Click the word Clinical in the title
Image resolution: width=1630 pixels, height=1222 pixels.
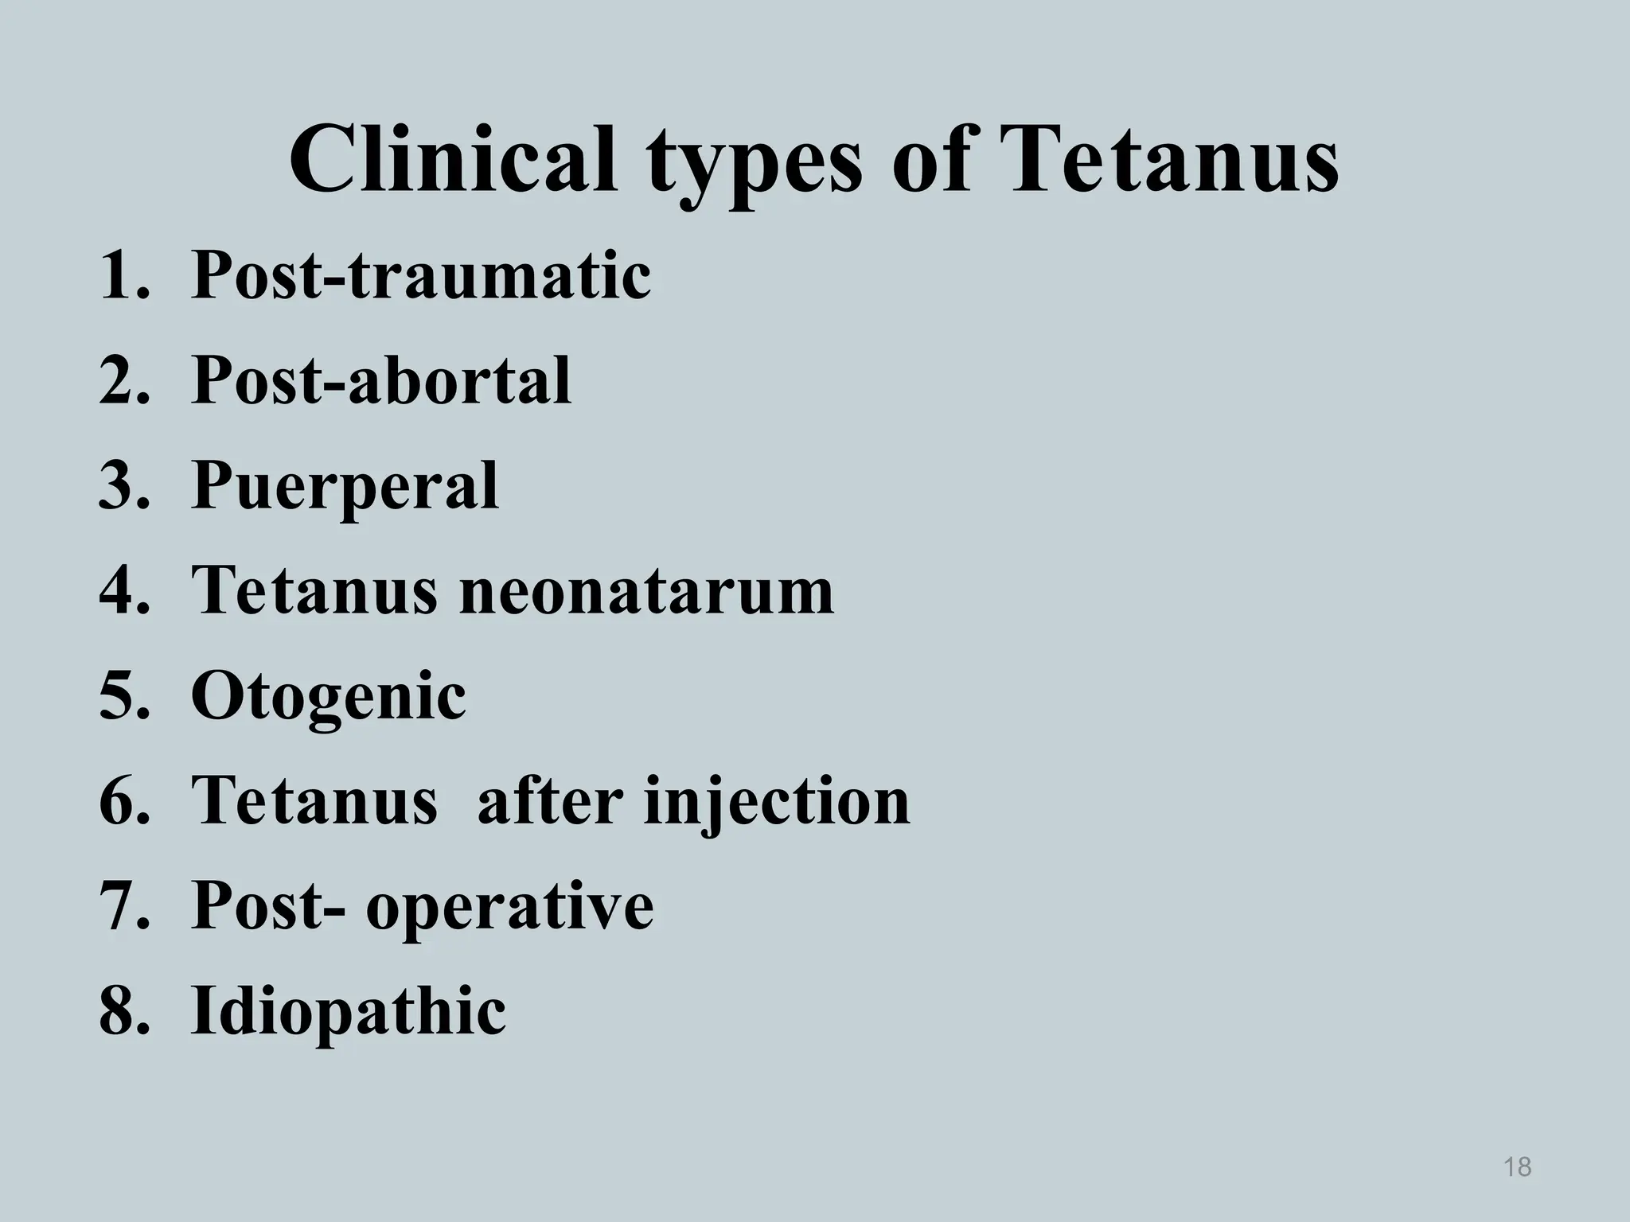pyautogui.click(x=453, y=159)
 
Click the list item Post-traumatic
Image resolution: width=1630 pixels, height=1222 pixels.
pyautogui.click(x=421, y=275)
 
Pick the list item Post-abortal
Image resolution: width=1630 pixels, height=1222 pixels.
pyautogui.click(x=381, y=380)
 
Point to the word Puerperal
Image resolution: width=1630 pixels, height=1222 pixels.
pyautogui.click(x=345, y=487)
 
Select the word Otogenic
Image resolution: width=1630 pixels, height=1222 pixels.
pyautogui.click(x=328, y=697)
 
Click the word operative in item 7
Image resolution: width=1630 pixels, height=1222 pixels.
pyautogui.click(x=509, y=907)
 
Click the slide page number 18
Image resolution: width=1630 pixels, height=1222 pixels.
pyautogui.click(x=1518, y=1166)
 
